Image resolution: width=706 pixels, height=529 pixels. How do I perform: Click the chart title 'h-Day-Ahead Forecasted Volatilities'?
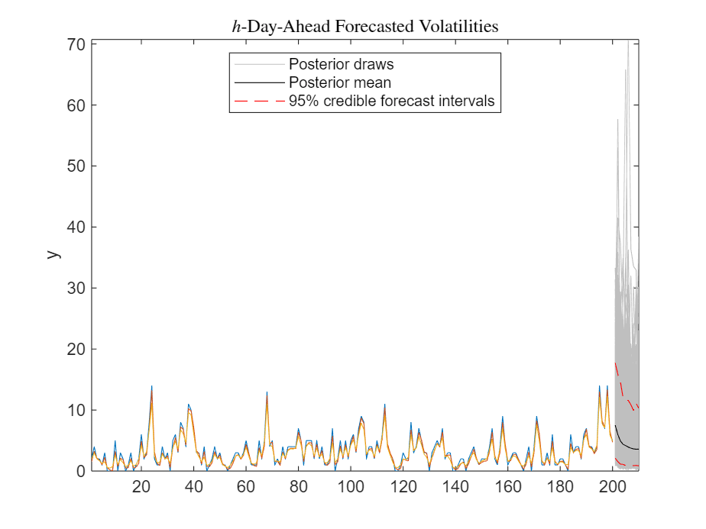click(x=365, y=27)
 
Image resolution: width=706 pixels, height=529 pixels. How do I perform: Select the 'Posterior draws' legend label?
click(x=341, y=63)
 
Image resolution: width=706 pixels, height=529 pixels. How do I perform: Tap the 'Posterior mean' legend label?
click(x=339, y=82)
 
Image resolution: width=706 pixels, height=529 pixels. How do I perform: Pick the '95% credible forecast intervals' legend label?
click(x=391, y=101)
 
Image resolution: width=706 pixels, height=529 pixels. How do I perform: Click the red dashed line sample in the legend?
click(x=258, y=101)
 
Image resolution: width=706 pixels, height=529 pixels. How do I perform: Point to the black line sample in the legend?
click(x=258, y=82)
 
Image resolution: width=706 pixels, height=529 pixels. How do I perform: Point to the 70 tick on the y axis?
click(x=75, y=44)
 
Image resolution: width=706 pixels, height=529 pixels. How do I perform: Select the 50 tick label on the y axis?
click(x=75, y=166)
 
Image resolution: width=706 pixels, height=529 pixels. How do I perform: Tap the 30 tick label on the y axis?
click(x=75, y=288)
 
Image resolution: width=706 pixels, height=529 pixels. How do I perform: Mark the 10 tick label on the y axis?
click(x=75, y=410)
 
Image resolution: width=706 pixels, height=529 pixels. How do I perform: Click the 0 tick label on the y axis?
click(x=79, y=471)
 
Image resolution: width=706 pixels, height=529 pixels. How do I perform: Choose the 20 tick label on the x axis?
click(x=141, y=488)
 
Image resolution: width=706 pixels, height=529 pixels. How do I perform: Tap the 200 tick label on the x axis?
click(x=613, y=488)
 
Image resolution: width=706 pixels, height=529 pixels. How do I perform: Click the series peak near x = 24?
click(x=151, y=388)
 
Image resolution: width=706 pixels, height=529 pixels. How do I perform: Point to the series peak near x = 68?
click(x=267, y=394)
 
